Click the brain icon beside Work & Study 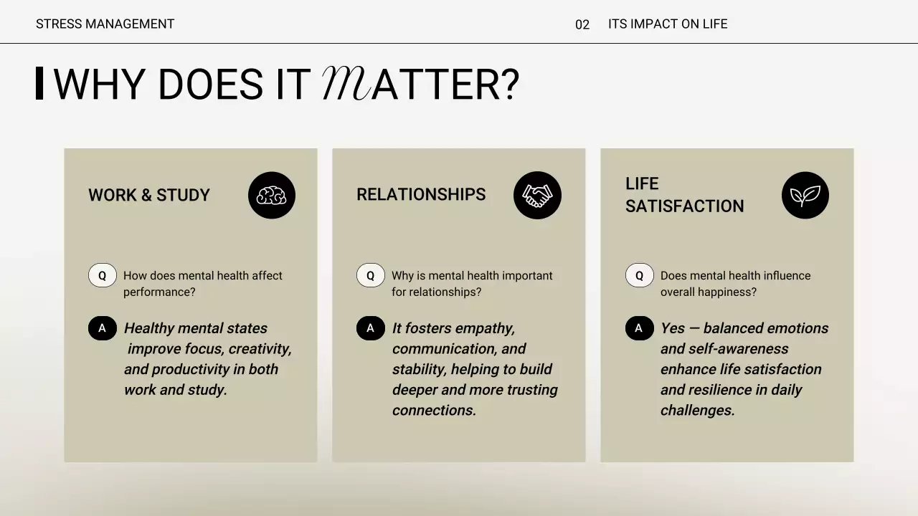coord(272,196)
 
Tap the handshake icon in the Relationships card coord(537,196)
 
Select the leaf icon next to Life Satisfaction coord(805,196)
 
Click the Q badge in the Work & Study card coord(102,275)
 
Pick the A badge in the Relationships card coord(370,328)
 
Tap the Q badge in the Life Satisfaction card coord(639,275)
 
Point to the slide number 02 coord(582,25)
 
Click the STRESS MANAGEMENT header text coord(105,24)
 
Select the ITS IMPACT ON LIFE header coord(667,24)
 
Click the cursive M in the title coord(346,84)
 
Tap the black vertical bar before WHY coord(39,83)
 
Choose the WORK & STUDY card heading coord(149,195)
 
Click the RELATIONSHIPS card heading coord(421,194)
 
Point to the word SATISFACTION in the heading coord(684,206)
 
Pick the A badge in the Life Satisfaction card coord(639,328)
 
